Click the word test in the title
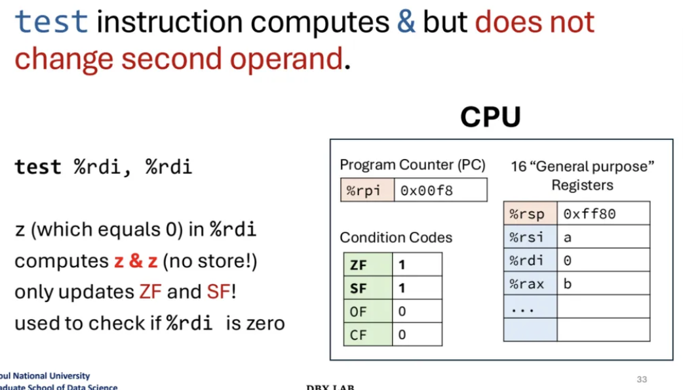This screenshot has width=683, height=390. click(x=51, y=22)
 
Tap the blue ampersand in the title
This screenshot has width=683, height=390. click(x=406, y=22)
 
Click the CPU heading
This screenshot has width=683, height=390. click(x=490, y=117)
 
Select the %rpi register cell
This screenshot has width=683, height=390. click(x=366, y=190)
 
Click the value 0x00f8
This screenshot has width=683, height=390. click(x=427, y=190)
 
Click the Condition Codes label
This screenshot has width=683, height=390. click(x=396, y=237)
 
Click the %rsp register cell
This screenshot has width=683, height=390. click(x=530, y=213)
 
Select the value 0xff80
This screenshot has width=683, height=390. click(x=589, y=213)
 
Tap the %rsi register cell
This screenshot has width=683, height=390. click(x=530, y=237)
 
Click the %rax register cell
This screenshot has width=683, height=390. click(x=530, y=284)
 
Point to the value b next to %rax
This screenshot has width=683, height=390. click(x=568, y=284)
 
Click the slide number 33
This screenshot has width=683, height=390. click(x=641, y=379)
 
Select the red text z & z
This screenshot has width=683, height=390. click(x=135, y=261)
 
